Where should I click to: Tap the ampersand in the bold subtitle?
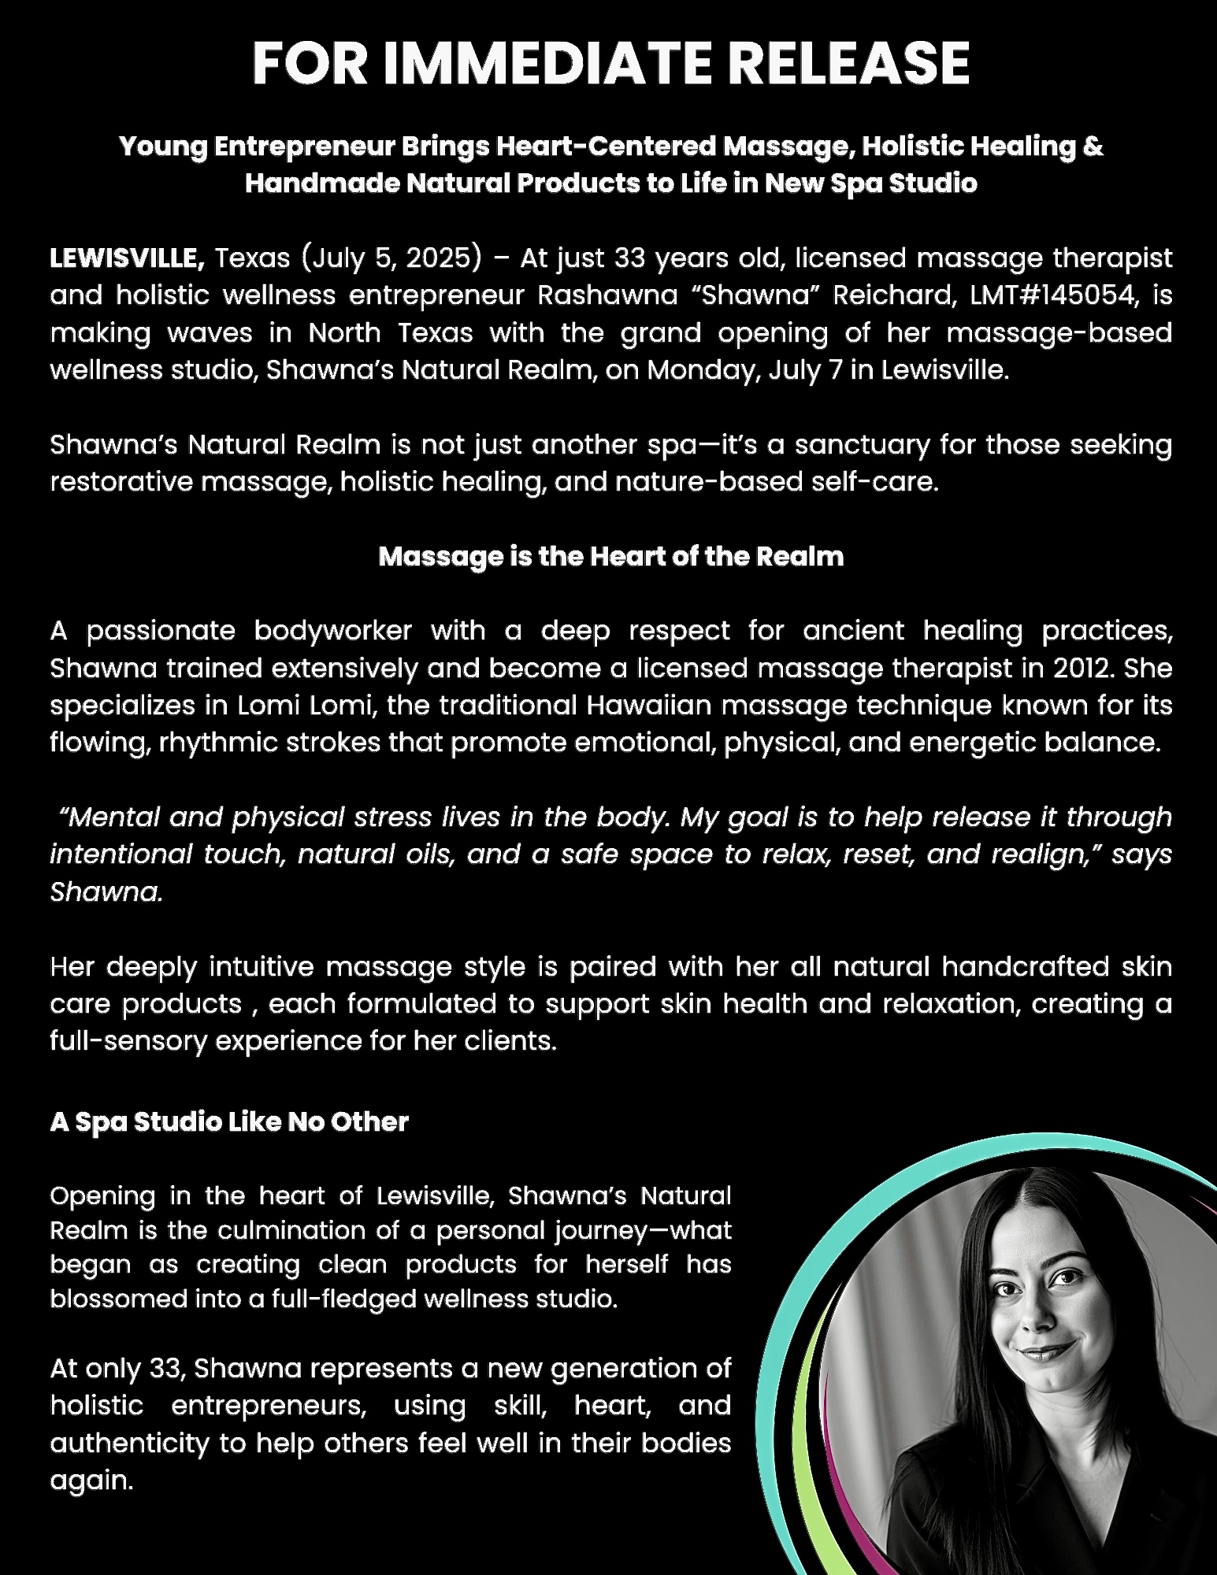tap(1093, 146)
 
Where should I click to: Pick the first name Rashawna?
tap(607, 295)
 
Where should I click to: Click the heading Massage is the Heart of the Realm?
tap(610, 557)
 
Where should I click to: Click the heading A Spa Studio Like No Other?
tap(229, 1122)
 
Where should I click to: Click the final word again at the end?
tap(91, 1481)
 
